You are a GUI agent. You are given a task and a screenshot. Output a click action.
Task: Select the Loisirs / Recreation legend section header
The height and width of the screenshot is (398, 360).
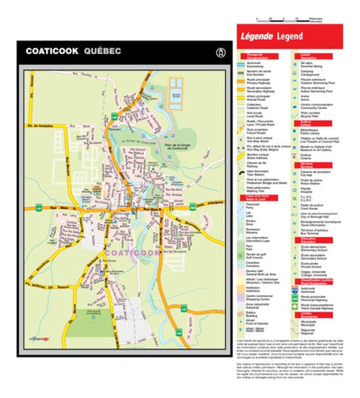point(305,56)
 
